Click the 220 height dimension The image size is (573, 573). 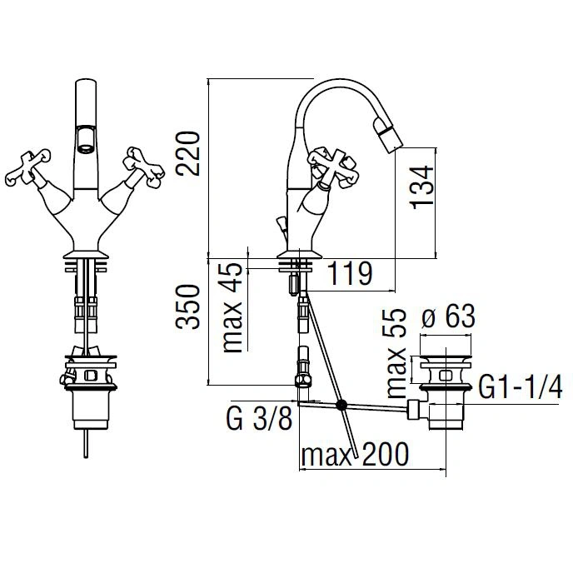click(188, 153)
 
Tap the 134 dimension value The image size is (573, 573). click(422, 187)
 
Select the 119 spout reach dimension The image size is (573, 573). click(350, 273)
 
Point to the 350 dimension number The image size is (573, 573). click(188, 307)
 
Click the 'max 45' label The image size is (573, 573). click(233, 307)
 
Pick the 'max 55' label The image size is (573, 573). click(396, 354)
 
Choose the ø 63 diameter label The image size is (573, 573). click(448, 316)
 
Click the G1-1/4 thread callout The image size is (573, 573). click(521, 388)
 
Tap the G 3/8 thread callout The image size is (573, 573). click(260, 419)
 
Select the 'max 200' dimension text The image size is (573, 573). click(355, 454)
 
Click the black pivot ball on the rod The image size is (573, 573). click(341, 404)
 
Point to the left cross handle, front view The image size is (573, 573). click(27, 167)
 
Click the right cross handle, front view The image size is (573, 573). click(143, 167)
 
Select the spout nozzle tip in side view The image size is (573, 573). click(389, 137)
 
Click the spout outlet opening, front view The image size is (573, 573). click(87, 140)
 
